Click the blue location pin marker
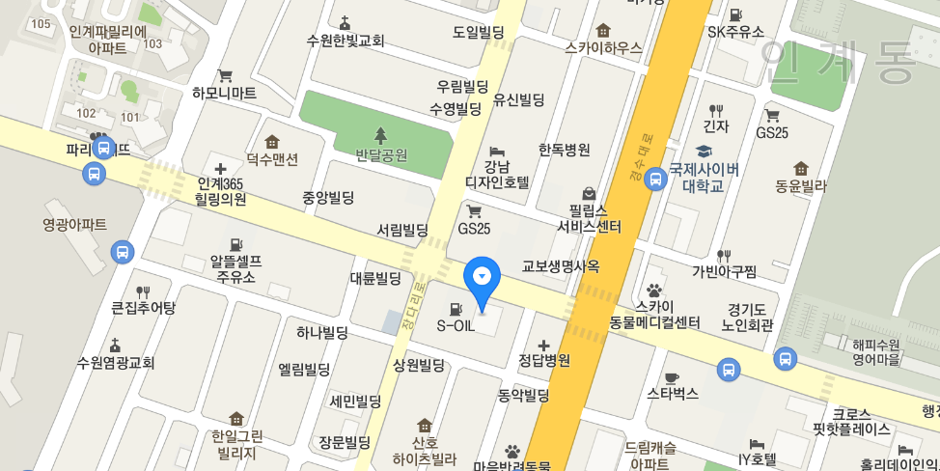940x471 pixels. (x=482, y=277)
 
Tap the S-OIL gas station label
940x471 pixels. (x=456, y=325)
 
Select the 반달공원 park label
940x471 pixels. (x=381, y=154)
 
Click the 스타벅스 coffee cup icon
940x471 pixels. (x=672, y=376)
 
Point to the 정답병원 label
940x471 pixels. (x=544, y=362)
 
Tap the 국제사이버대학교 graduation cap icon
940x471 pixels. (x=704, y=151)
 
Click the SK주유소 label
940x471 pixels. (x=735, y=31)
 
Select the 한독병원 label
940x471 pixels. (x=564, y=150)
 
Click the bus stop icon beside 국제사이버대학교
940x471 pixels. (x=655, y=178)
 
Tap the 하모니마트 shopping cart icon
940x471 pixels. (x=225, y=75)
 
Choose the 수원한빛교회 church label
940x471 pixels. (x=346, y=41)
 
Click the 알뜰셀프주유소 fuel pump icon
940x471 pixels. (x=235, y=242)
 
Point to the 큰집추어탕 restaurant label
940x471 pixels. (x=143, y=308)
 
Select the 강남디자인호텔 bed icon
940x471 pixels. (x=497, y=152)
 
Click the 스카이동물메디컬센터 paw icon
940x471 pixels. (x=654, y=289)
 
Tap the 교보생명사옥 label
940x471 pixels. (x=561, y=265)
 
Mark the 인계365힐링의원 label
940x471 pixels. (x=221, y=191)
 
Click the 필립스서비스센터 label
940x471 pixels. (x=589, y=217)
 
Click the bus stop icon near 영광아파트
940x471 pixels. (x=123, y=252)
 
